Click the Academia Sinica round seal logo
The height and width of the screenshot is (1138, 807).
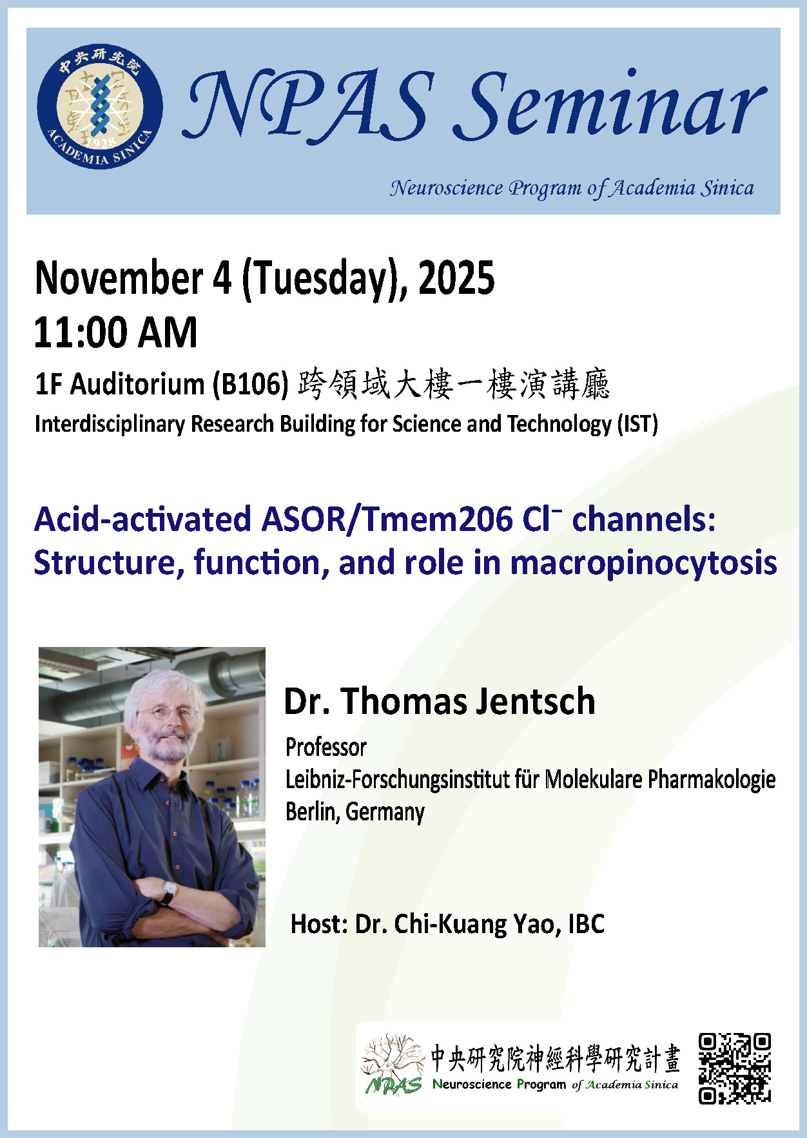[x=100, y=107]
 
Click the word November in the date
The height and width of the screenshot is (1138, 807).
[x=119, y=278]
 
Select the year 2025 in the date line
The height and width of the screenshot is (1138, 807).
[x=456, y=278]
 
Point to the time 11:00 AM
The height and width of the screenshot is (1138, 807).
[x=115, y=333]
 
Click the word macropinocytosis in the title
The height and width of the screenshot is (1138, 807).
[x=643, y=563]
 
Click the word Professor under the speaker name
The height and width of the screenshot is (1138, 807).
[x=326, y=747]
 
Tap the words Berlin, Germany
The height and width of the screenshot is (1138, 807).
[x=355, y=812]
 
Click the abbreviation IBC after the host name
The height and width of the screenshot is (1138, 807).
[x=586, y=924]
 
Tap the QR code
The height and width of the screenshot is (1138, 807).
[x=735, y=1068]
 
